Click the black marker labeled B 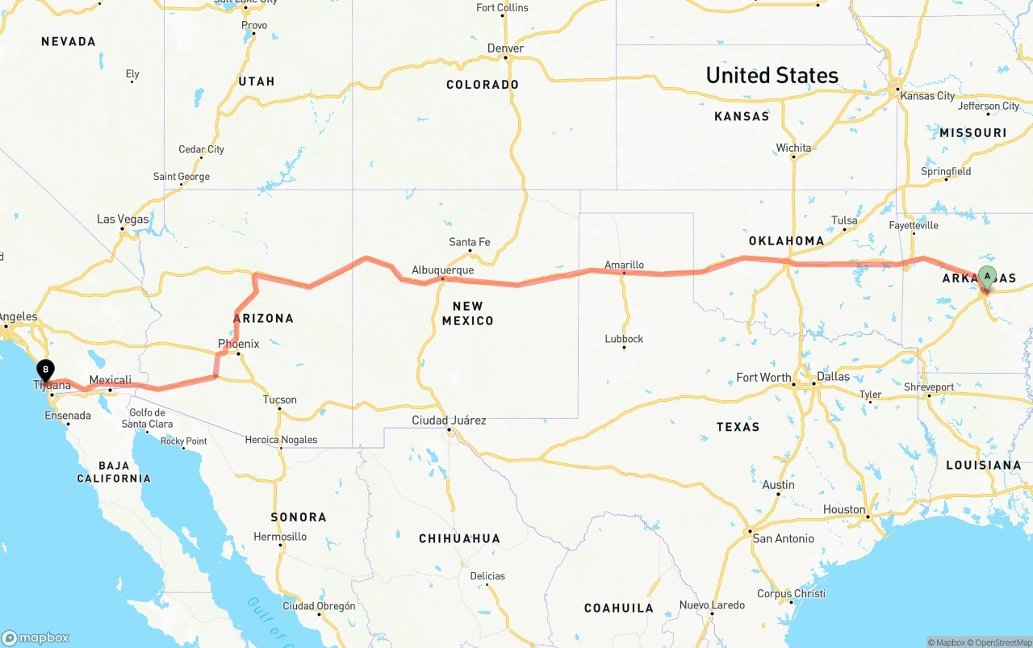coord(45,370)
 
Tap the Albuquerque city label coord(442,270)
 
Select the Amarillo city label coord(624,264)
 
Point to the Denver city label coord(505,48)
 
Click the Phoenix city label coord(238,344)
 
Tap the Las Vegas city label coord(123,219)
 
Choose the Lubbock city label coord(624,339)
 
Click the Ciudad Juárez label coord(449,420)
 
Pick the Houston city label coord(844,509)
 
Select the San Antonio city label coord(783,537)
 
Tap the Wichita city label coord(793,148)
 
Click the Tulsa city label coord(844,220)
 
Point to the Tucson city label coord(279,399)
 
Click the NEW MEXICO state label coord(467,313)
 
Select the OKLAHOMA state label coord(786,240)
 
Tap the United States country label coord(772,75)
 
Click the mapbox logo coord(36,638)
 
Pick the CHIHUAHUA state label coord(459,538)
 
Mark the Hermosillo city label coord(280,537)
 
